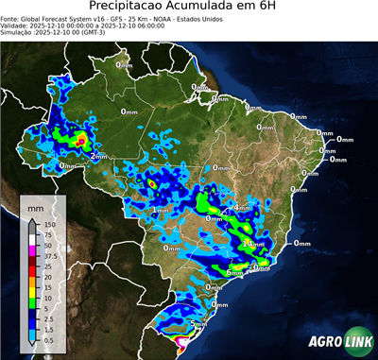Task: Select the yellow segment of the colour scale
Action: [33, 290]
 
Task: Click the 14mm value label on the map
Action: [253, 245]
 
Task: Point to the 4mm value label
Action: [241, 206]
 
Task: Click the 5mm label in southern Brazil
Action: [198, 324]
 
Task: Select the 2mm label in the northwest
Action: [98, 156]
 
